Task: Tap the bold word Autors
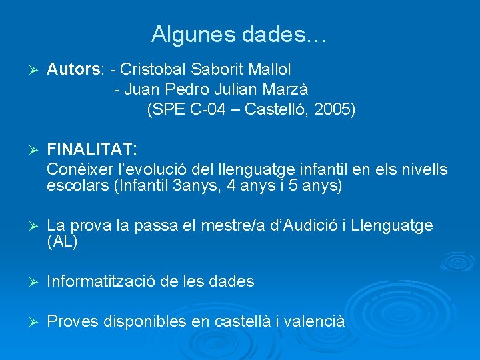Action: (73, 68)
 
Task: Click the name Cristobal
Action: (153, 68)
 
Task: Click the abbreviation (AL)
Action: (62, 242)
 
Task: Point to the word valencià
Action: (313, 321)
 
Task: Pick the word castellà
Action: (243, 321)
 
